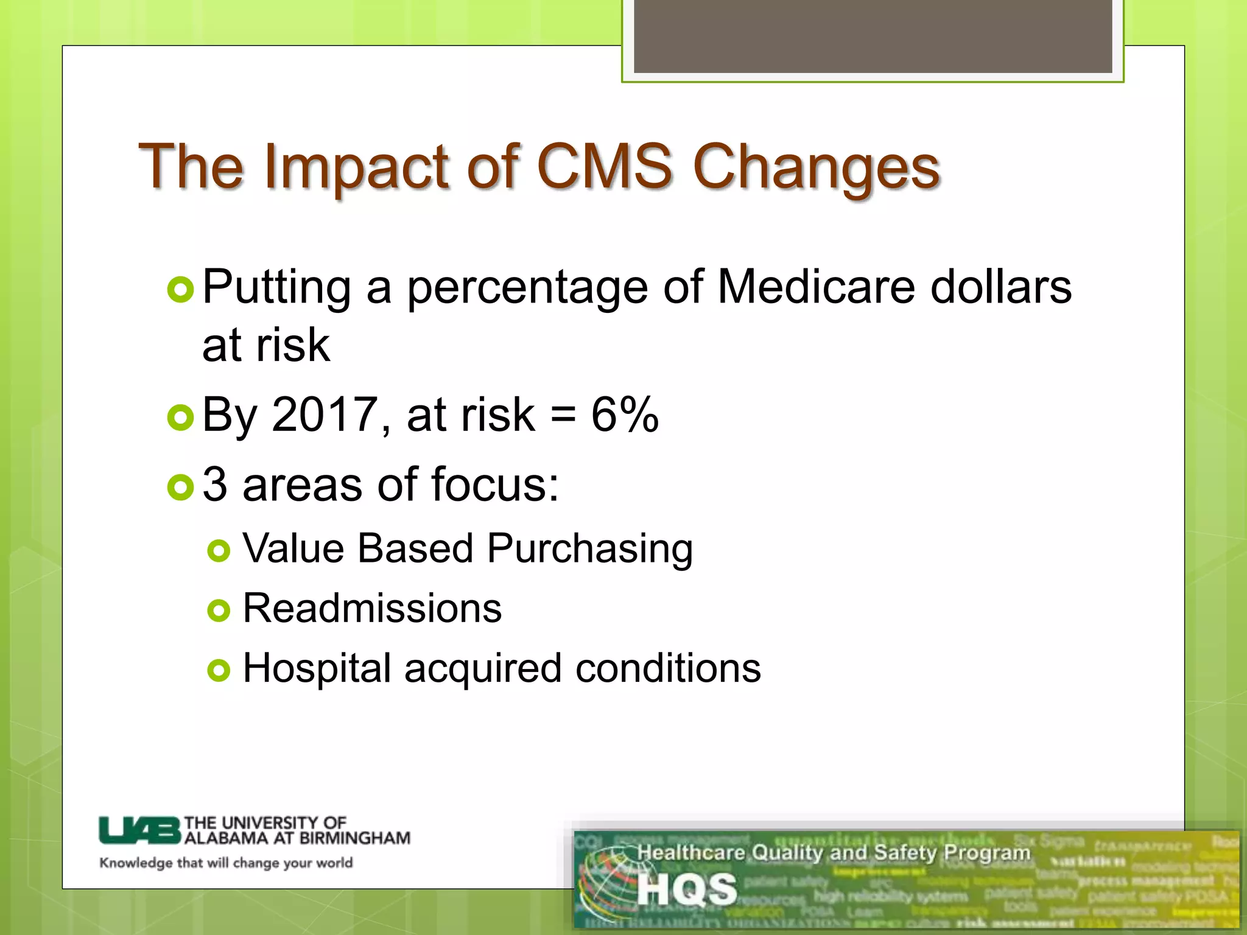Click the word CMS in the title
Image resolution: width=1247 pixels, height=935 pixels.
[605, 166]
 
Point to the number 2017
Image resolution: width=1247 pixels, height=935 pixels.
[325, 415]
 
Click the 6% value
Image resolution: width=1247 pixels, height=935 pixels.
[625, 415]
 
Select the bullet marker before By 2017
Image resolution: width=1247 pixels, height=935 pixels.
[180, 418]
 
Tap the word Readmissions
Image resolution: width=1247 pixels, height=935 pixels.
[372, 608]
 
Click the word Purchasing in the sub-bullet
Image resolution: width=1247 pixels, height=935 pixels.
[589, 549]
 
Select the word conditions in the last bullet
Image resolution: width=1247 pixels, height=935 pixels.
[668, 668]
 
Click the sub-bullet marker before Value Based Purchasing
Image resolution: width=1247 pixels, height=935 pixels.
[219, 552]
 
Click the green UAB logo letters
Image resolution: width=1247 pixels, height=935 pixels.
[140, 830]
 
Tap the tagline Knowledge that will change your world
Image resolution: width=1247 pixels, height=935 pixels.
[226, 863]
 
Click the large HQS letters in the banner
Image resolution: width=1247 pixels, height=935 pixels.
[687, 889]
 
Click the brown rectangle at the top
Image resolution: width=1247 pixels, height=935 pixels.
[873, 37]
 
